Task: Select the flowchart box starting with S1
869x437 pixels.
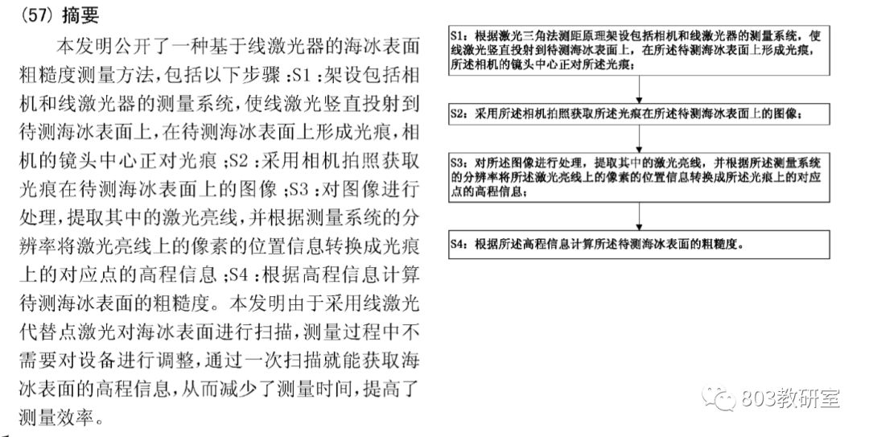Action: click(x=639, y=52)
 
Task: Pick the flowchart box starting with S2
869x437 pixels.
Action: click(x=639, y=114)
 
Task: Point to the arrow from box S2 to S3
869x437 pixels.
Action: click(x=638, y=138)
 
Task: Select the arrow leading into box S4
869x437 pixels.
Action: click(x=638, y=216)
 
